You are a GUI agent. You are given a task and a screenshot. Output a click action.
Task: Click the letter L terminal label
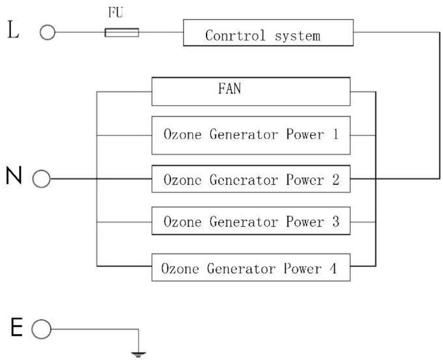[13, 30]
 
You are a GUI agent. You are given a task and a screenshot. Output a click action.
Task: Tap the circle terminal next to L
[47, 32]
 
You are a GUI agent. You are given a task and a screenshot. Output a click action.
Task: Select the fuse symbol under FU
[122, 32]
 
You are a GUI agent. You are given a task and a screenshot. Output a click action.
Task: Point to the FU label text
[116, 13]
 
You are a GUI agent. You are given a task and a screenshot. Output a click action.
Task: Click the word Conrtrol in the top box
[235, 35]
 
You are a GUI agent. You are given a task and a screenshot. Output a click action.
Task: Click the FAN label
[229, 89]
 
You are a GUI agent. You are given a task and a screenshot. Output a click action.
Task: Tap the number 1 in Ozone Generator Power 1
[336, 134]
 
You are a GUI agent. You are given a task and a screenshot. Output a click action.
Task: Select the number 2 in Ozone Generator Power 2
[336, 180]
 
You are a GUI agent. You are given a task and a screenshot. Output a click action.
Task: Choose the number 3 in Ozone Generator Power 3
[336, 221]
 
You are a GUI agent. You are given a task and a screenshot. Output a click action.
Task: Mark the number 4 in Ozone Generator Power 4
[334, 268]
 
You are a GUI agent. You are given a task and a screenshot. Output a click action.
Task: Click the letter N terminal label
[14, 175]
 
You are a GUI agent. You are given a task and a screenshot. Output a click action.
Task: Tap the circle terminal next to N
[41, 179]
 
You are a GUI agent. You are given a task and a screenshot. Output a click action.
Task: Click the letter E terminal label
[16, 327]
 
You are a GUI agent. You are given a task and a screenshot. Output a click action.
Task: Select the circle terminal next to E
[41, 329]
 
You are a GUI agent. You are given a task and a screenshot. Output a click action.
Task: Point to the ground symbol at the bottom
[138, 354]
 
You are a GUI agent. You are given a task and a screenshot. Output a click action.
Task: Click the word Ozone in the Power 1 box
[183, 134]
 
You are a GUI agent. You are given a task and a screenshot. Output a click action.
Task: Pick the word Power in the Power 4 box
[303, 268]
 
